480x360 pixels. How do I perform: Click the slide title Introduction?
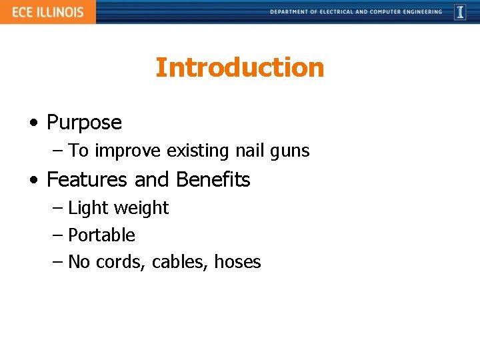tap(239, 67)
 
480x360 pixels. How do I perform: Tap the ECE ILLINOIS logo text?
tap(47, 12)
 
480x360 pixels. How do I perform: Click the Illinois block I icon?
tap(460, 12)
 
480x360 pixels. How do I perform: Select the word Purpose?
tap(84, 123)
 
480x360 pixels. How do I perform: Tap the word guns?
tap(290, 152)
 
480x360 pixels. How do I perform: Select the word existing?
tap(199, 151)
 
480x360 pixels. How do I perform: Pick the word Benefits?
tap(213, 180)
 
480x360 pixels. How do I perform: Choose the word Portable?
tap(101, 235)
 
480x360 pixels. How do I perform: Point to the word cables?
tap(180, 262)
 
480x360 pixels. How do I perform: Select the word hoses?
tap(237, 262)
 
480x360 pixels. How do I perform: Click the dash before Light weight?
tap(57, 208)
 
